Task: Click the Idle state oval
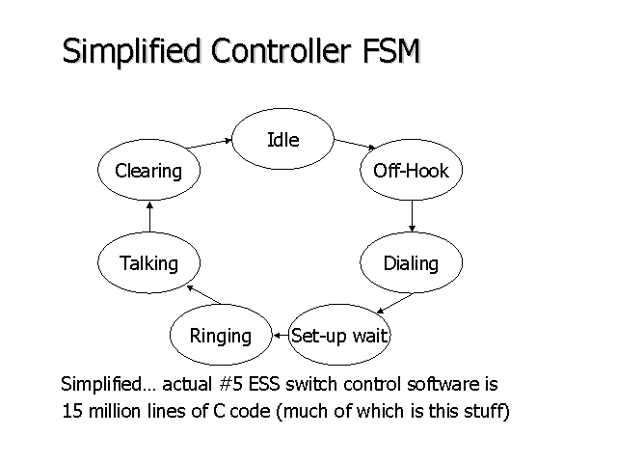point(282,140)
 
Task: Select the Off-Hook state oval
point(411,172)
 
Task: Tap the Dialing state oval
point(411,263)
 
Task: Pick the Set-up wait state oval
point(340,336)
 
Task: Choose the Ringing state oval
point(220,336)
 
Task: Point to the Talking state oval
point(148,263)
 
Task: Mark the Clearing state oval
point(148,172)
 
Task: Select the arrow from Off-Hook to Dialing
point(412,215)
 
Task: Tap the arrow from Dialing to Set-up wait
point(395,302)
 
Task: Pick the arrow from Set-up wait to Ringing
point(281,336)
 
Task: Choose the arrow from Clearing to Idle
point(209,144)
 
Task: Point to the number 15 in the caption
point(71,410)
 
